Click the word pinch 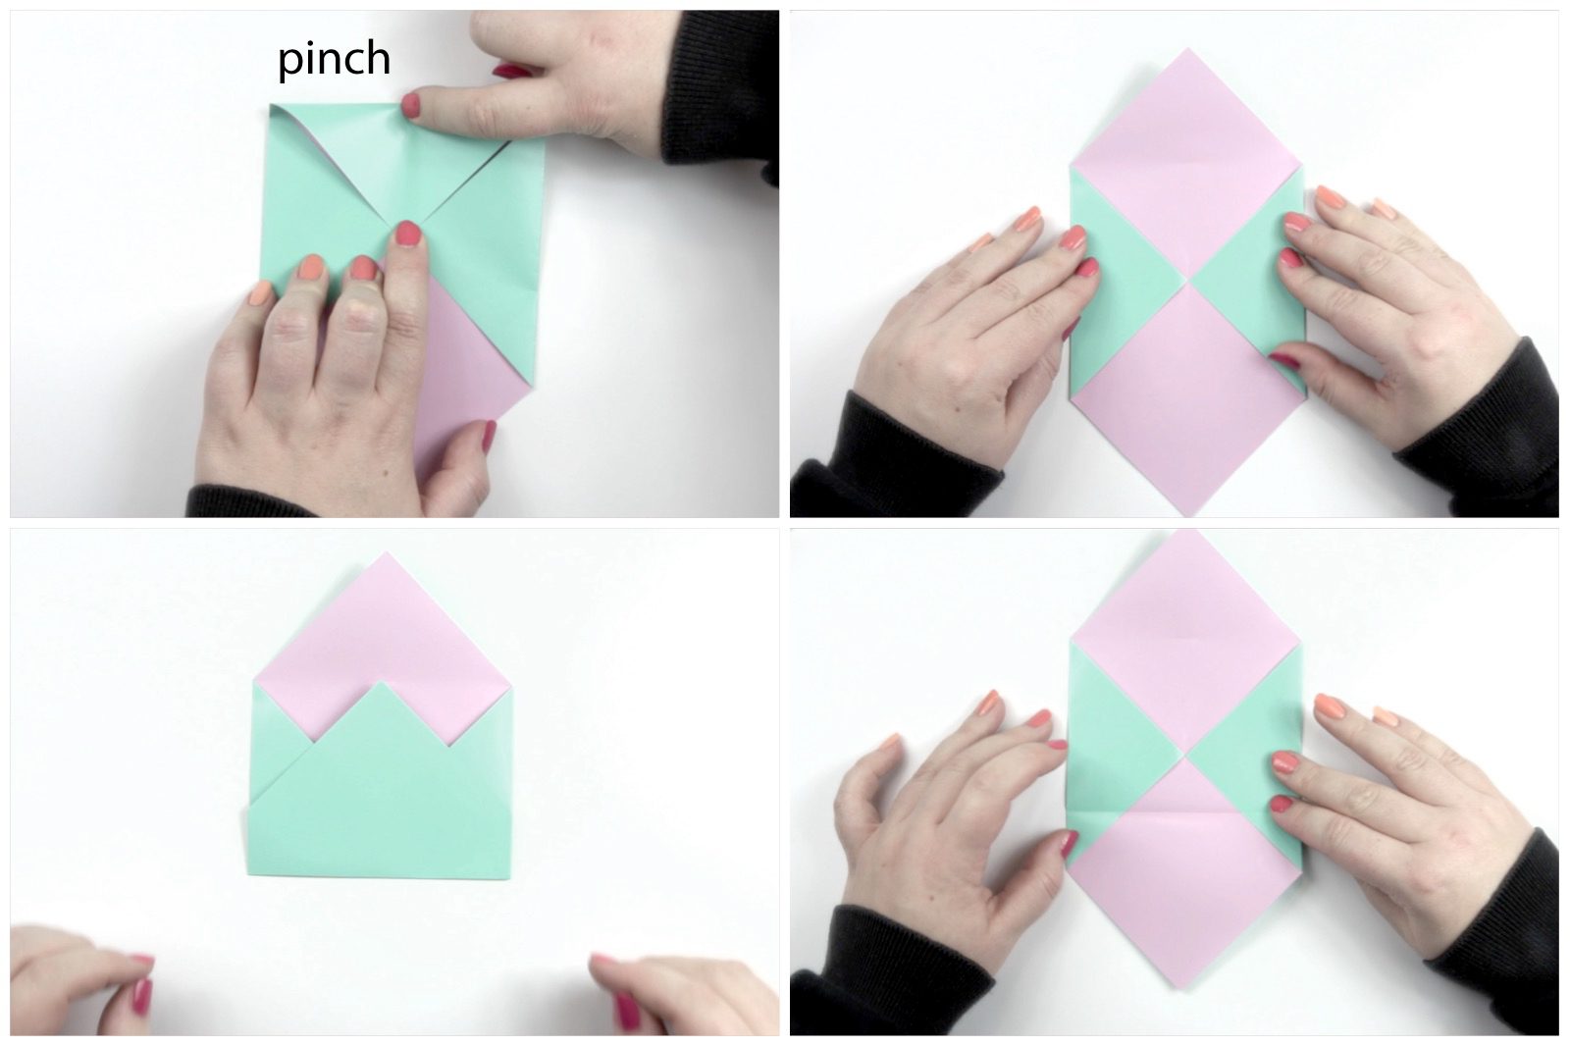(335, 60)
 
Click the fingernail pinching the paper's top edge (411, 107)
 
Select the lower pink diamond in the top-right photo (1188, 399)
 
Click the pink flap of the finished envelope (384, 631)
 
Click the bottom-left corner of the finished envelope (249, 874)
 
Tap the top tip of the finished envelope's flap (385, 552)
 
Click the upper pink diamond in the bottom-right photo (1185, 642)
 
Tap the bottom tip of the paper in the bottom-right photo (1186, 988)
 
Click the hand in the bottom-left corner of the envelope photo (80, 981)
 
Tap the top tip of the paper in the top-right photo (1187, 48)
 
